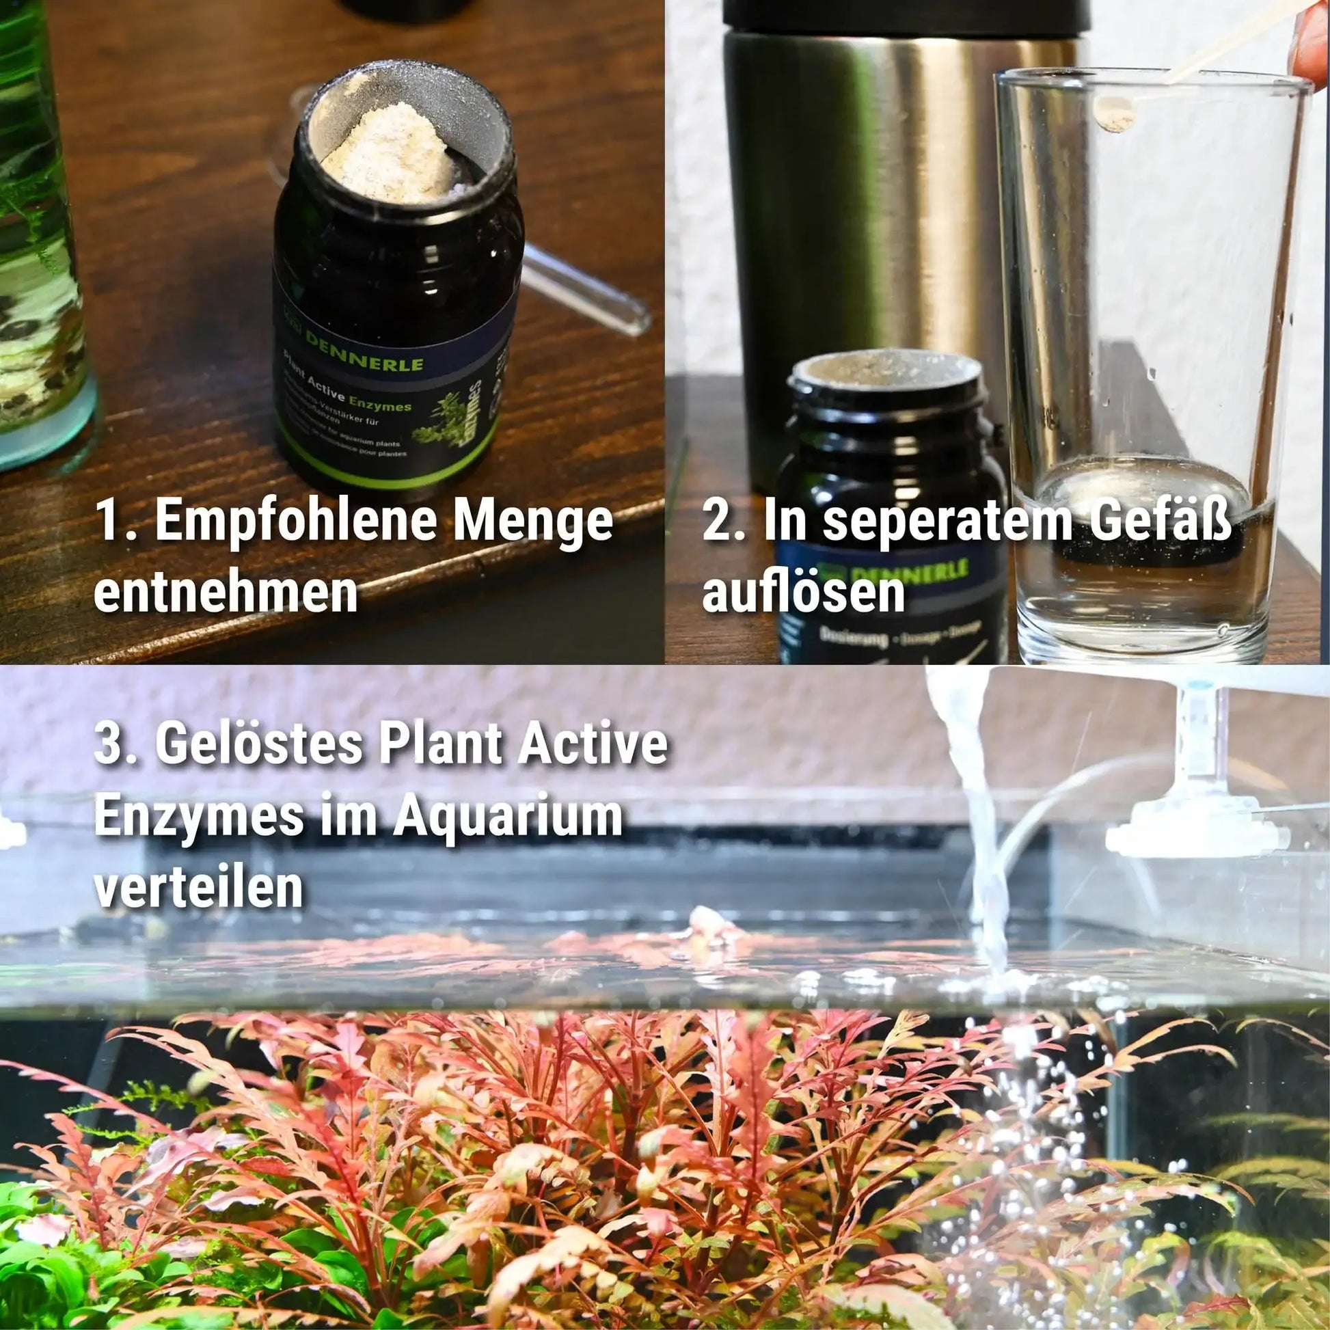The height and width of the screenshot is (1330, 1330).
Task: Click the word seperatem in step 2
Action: (x=947, y=521)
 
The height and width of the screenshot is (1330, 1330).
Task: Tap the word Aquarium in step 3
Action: (x=508, y=817)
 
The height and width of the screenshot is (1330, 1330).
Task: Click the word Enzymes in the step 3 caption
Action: (x=199, y=817)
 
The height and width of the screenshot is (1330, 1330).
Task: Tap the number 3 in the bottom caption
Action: (x=107, y=746)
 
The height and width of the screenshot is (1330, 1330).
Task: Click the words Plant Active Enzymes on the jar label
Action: (x=348, y=401)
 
